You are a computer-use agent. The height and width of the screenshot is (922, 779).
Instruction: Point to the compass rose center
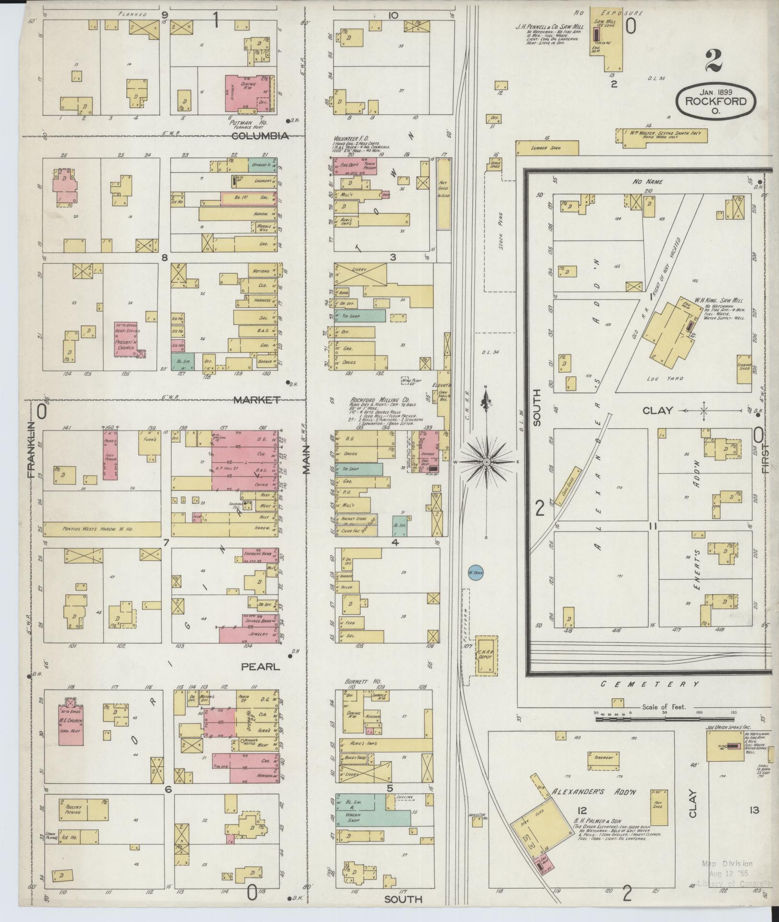coord(486,462)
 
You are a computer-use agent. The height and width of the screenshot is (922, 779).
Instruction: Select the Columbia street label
coord(260,136)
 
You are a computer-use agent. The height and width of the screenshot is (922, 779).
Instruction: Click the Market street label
coord(256,400)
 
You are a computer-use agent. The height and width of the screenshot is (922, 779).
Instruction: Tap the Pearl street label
coord(260,666)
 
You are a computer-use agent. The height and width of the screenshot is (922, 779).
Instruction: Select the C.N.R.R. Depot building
coord(487,655)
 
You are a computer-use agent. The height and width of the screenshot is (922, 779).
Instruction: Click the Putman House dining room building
coord(250,90)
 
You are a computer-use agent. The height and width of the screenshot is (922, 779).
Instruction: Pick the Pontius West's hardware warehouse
coord(101,529)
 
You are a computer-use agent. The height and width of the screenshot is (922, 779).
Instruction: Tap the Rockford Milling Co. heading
coord(379,400)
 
